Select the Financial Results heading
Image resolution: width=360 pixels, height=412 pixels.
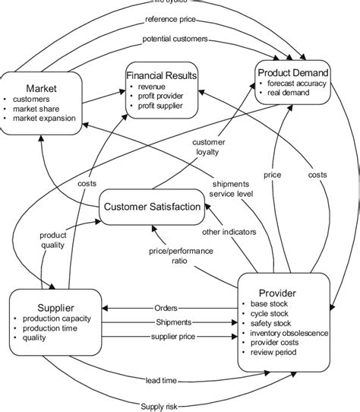click(x=161, y=75)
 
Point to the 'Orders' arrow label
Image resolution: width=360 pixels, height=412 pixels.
click(x=166, y=309)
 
